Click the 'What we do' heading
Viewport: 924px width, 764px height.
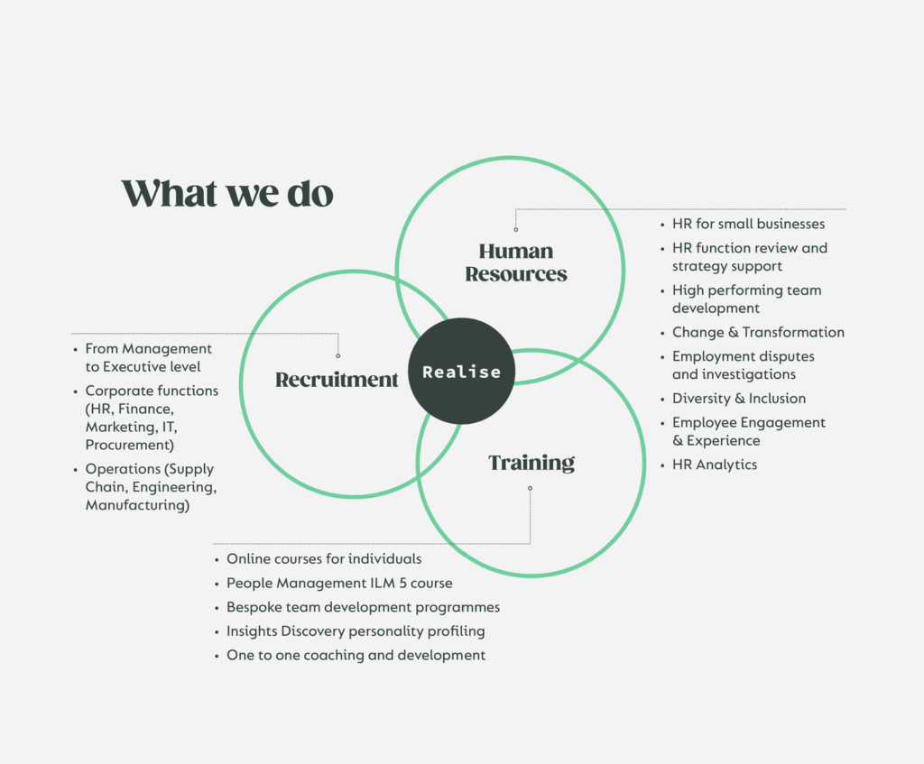227,194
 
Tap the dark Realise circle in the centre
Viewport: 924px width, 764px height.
461,372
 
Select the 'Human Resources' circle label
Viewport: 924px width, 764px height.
516,262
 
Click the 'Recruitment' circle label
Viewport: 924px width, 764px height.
337,380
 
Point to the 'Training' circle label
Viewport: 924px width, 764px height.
531,463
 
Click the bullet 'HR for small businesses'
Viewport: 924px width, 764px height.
748,224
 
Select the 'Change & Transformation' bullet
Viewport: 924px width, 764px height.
758,332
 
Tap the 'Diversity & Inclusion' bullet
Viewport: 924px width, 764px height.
739,398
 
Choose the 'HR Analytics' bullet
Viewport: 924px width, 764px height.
715,465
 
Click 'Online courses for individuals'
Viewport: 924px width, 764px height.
324,559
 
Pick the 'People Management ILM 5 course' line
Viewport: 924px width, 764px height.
339,584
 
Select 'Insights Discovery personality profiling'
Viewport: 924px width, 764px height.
356,631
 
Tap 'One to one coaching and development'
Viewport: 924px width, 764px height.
356,655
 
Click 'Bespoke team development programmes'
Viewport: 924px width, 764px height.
363,607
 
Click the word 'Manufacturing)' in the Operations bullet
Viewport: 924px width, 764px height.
137,505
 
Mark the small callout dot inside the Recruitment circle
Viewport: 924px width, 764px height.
338,355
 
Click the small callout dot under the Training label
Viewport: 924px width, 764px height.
530,489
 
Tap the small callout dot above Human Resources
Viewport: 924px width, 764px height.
516,229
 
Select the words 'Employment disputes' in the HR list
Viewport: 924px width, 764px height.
743,356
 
